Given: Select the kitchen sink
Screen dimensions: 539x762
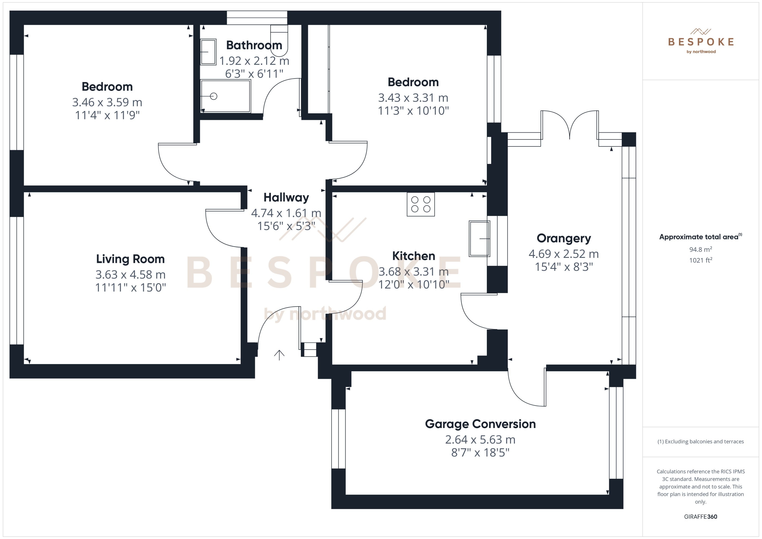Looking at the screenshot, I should click(x=479, y=239).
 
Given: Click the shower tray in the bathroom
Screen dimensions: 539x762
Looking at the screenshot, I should click(x=226, y=96).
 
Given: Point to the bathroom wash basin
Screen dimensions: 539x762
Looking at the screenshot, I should click(x=208, y=52).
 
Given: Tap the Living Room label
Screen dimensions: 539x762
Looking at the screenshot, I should click(x=130, y=259).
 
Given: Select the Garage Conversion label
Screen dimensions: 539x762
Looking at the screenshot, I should click(x=480, y=424).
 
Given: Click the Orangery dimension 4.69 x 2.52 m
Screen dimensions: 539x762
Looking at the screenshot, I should click(x=563, y=254).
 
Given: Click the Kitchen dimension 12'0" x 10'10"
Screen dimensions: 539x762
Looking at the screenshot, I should click(x=414, y=284).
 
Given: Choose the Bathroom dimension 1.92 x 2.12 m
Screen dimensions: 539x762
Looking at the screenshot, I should click(x=254, y=61).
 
